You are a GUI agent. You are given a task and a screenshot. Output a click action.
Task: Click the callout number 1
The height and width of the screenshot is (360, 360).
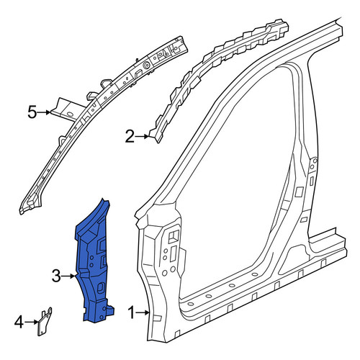(x=131, y=312)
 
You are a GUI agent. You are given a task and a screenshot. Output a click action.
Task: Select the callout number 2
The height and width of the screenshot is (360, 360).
(x=130, y=137)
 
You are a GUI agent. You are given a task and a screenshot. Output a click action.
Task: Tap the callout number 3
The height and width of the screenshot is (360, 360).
(x=56, y=276)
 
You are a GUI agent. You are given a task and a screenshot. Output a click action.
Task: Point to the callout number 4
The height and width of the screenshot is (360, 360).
(x=19, y=322)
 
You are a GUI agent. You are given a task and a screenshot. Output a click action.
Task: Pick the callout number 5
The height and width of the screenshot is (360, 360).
(x=32, y=112)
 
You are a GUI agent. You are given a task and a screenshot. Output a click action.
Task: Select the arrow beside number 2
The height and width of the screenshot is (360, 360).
(x=142, y=137)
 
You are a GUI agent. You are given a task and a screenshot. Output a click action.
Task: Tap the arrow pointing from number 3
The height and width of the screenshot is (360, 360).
(x=68, y=276)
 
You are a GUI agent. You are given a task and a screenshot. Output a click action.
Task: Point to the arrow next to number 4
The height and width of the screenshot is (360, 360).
(x=31, y=322)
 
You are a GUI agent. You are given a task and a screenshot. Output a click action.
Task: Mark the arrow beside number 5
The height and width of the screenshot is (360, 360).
(x=44, y=112)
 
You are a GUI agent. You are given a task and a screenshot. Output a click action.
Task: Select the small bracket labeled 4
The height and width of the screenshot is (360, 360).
(x=44, y=322)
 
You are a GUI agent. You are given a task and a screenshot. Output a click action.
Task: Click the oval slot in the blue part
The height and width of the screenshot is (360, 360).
(x=101, y=287)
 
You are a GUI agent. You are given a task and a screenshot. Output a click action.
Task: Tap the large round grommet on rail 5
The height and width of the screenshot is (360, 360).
(x=145, y=65)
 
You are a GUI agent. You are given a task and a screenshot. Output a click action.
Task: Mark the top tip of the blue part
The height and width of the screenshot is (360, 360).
(x=103, y=198)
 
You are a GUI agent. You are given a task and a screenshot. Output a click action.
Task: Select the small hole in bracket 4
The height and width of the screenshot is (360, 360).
(x=41, y=332)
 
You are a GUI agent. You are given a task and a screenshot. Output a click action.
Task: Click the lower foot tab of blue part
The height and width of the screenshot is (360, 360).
(x=109, y=310)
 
